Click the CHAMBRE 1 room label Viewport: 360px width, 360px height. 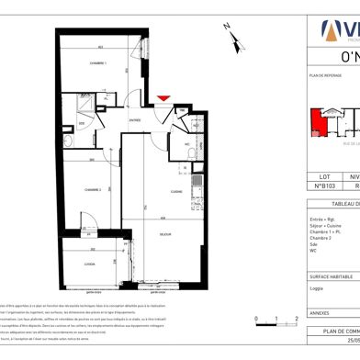tap(98, 63)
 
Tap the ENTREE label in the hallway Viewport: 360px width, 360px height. tap(135, 119)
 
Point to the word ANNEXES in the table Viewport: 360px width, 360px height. tap(323, 312)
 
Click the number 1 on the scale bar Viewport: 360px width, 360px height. tap(275, 346)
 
